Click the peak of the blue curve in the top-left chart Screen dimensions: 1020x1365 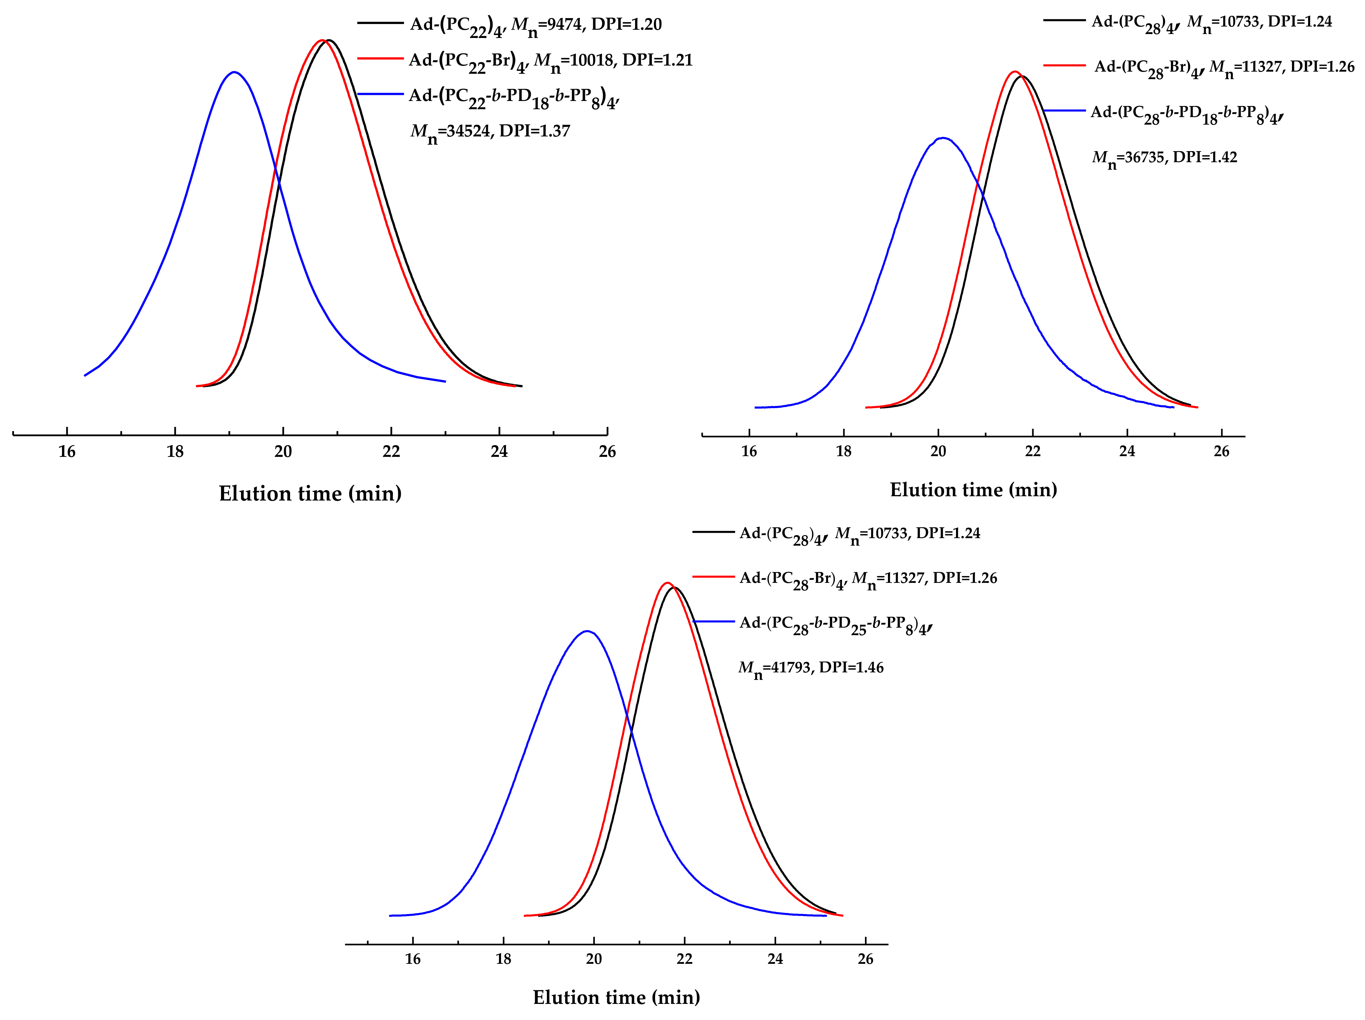tap(234, 72)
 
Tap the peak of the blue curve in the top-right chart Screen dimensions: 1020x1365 tap(942, 138)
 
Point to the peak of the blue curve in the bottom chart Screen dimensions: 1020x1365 tap(587, 631)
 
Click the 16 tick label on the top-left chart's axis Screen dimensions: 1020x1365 tap(67, 452)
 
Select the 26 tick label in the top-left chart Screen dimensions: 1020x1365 tap(607, 452)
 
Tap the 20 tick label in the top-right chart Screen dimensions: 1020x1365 tap(938, 451)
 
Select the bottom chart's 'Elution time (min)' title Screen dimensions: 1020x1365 tap(616, 998)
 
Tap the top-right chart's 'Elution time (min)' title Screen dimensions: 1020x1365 tap(973, 490)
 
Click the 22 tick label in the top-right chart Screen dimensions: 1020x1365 tap(1032, 451)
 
